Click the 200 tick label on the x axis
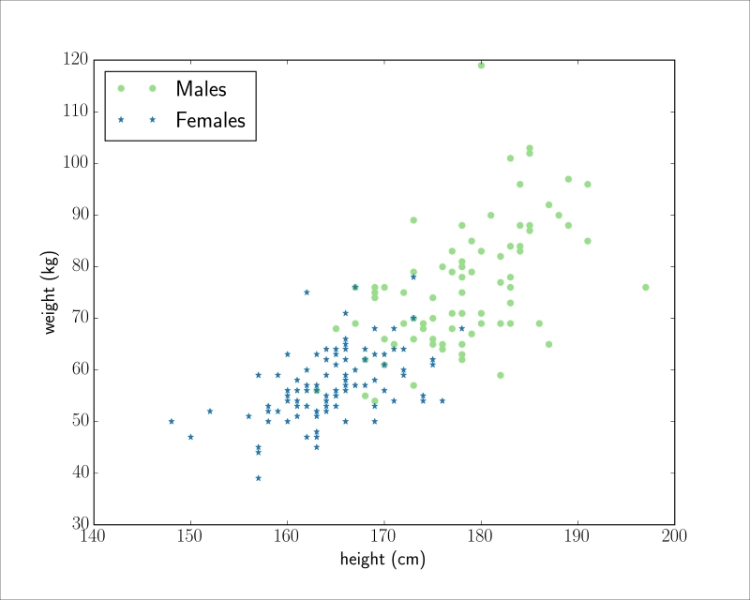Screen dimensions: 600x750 pyautogui.click(x=674, y=536)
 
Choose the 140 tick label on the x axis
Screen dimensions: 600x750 pyautogui.click(x=94, y=536)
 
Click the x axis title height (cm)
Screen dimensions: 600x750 pyautogui.click(x=382, y=561)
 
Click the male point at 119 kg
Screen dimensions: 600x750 pyautogui.click(x=481, y=66)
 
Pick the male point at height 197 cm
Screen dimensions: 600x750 pyautogui.click(x=645, y=287)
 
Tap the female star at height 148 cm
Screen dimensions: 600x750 pyautogui.click(x=172, y=421)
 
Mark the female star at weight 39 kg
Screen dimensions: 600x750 pyautogui.click(x=259, y=477)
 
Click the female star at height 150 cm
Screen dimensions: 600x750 pyautogui.click(x=190, y=437)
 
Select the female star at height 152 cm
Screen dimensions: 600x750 pyautogui.click(x=210, y=411)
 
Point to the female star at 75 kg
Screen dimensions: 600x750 pyautogui.click(x=307, y=292)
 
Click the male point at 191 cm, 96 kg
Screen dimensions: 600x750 pyautogui.click(x=587, y=184)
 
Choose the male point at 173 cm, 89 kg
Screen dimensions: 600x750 pyautogui.click(x=413, y=220)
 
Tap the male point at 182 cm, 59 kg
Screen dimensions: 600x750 pyautogui.click(x=501, y=375)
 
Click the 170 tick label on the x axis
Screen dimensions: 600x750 pyautogui.click(x=384, y=536)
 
